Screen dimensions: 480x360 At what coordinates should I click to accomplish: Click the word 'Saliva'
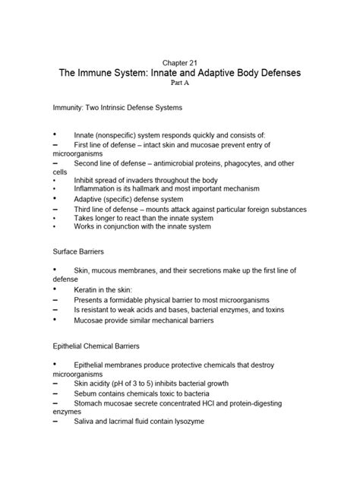(87, 422)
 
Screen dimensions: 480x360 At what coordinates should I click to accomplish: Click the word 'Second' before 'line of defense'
(90, 163)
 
